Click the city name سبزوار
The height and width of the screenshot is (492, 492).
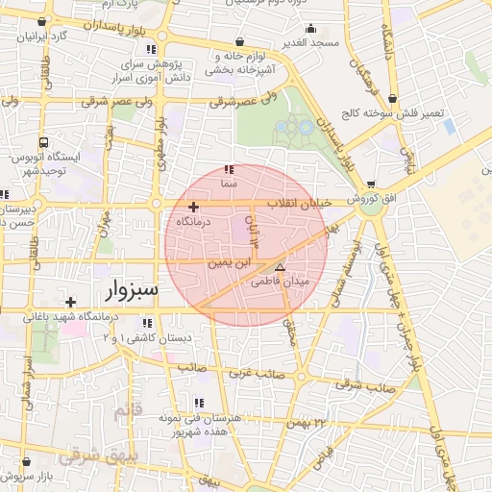(128, 288)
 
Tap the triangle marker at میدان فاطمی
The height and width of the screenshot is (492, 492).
(280, 268)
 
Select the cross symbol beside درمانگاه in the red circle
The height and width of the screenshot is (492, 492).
(193, 207)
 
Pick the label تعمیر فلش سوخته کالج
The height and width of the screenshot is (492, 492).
(406, 113)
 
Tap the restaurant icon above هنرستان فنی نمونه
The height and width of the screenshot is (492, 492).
(198, 403)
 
